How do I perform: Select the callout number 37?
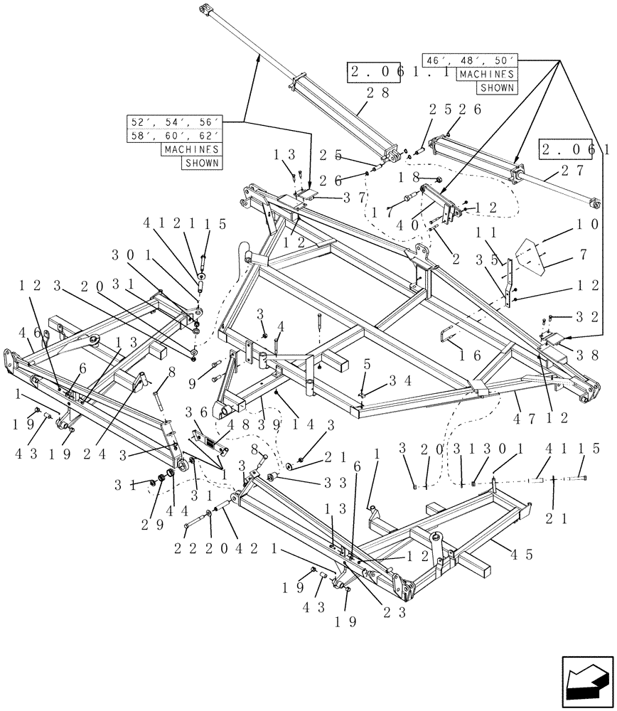pos(338,197)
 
